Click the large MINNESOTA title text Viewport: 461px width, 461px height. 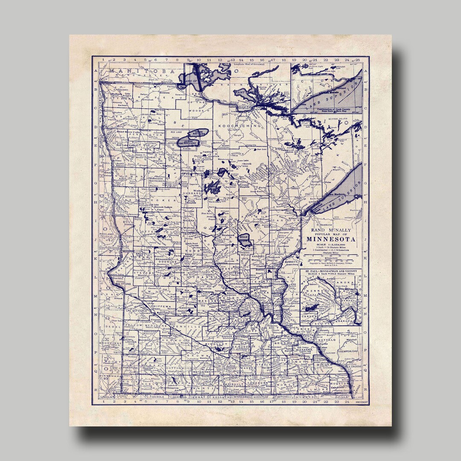[x=331, y=239]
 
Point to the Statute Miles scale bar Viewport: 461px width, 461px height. [x=331, y=257]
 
